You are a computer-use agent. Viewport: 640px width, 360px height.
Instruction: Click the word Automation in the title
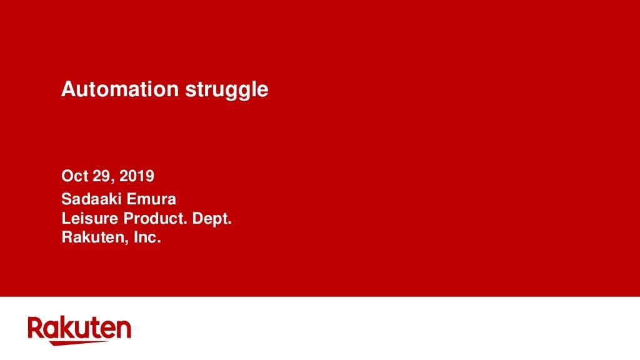[x=120, y=89]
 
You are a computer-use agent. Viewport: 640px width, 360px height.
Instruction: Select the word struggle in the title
[x=227, y=91]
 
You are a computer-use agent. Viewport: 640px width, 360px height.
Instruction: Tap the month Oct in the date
[x=75, y=176]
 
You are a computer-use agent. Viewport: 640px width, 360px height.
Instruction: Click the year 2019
[x=137, y=176]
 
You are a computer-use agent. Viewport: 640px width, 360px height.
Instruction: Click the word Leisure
[x=90, y=218]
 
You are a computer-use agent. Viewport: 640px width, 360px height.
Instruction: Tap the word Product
[x=155, y=218]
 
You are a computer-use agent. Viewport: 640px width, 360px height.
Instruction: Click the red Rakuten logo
[x=79, y=331]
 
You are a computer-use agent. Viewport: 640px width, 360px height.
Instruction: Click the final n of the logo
[x=124, y=330]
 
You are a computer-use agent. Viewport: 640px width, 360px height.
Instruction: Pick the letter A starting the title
[x=69, y=89]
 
